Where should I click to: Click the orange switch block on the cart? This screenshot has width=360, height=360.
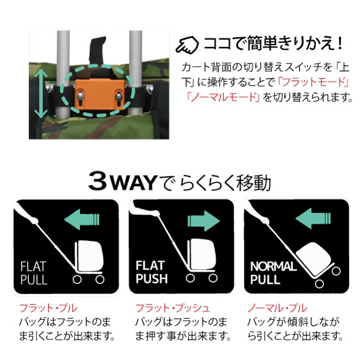[x=100, y=95]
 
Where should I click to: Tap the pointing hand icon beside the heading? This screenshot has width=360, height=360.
[x=187, y=45]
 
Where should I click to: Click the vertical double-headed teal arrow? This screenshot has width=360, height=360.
[x=41, y=93]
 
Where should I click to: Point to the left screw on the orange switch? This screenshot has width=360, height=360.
[x=81, y=95]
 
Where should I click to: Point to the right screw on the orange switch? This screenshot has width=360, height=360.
[x=119, y=95]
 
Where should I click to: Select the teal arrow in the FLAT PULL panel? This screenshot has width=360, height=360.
[x=82, y=219]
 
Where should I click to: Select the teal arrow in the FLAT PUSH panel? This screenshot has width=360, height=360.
[x=203, y=221]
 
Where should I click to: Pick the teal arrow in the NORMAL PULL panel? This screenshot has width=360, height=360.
[x=313, y=218]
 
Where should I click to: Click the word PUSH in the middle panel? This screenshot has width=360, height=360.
[x=152, y=278]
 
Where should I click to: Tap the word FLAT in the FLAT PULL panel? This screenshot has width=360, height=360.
[x=33, y=266]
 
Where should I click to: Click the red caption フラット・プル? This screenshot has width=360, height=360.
[x=48, y=308]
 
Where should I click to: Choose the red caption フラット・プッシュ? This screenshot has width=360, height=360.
[x=172, y=308]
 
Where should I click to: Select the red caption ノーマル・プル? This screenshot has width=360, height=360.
[x=277, y=308]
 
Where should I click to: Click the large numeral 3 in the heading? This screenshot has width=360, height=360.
[x=98, y=181]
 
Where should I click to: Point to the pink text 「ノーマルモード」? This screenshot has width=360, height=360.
[x=223, y=97]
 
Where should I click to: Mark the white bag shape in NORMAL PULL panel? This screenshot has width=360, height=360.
[x=314, y=258]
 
